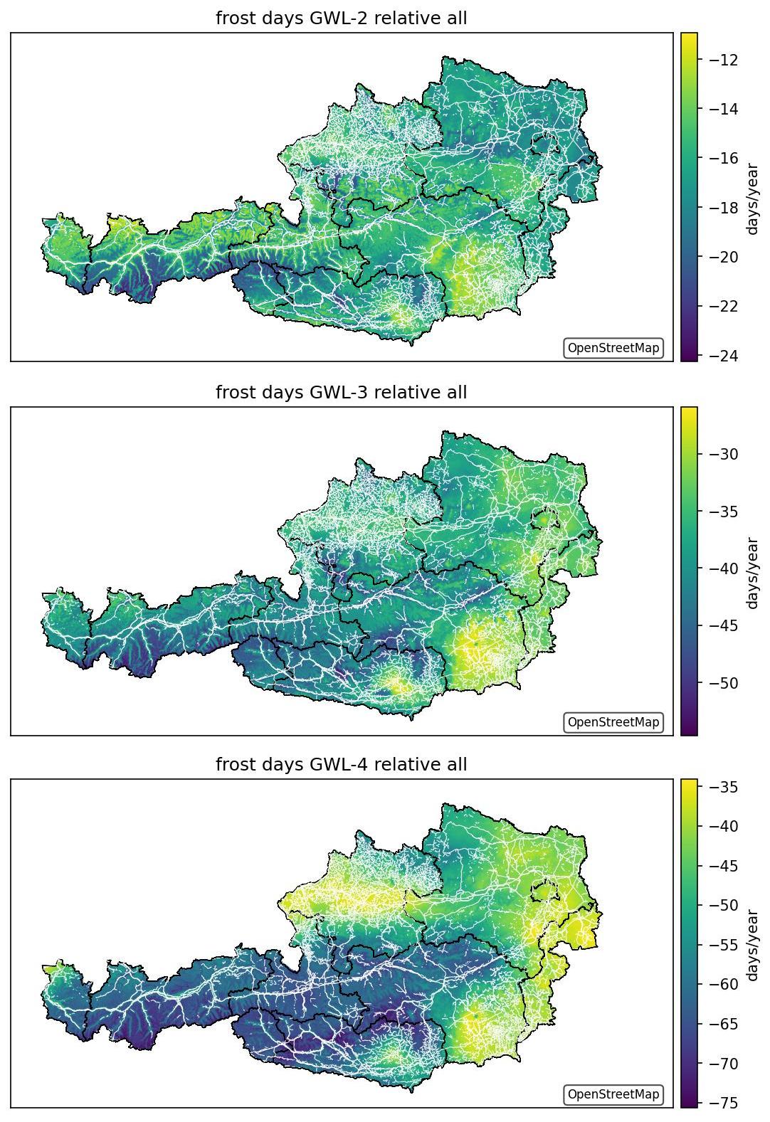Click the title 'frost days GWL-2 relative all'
341,18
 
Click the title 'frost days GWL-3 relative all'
341,392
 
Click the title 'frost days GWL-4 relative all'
341,764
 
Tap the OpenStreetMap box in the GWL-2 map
613,348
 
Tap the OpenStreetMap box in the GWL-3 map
613,721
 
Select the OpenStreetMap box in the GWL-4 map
613,1094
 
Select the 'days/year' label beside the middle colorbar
752,573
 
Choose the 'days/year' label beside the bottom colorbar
752,945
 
